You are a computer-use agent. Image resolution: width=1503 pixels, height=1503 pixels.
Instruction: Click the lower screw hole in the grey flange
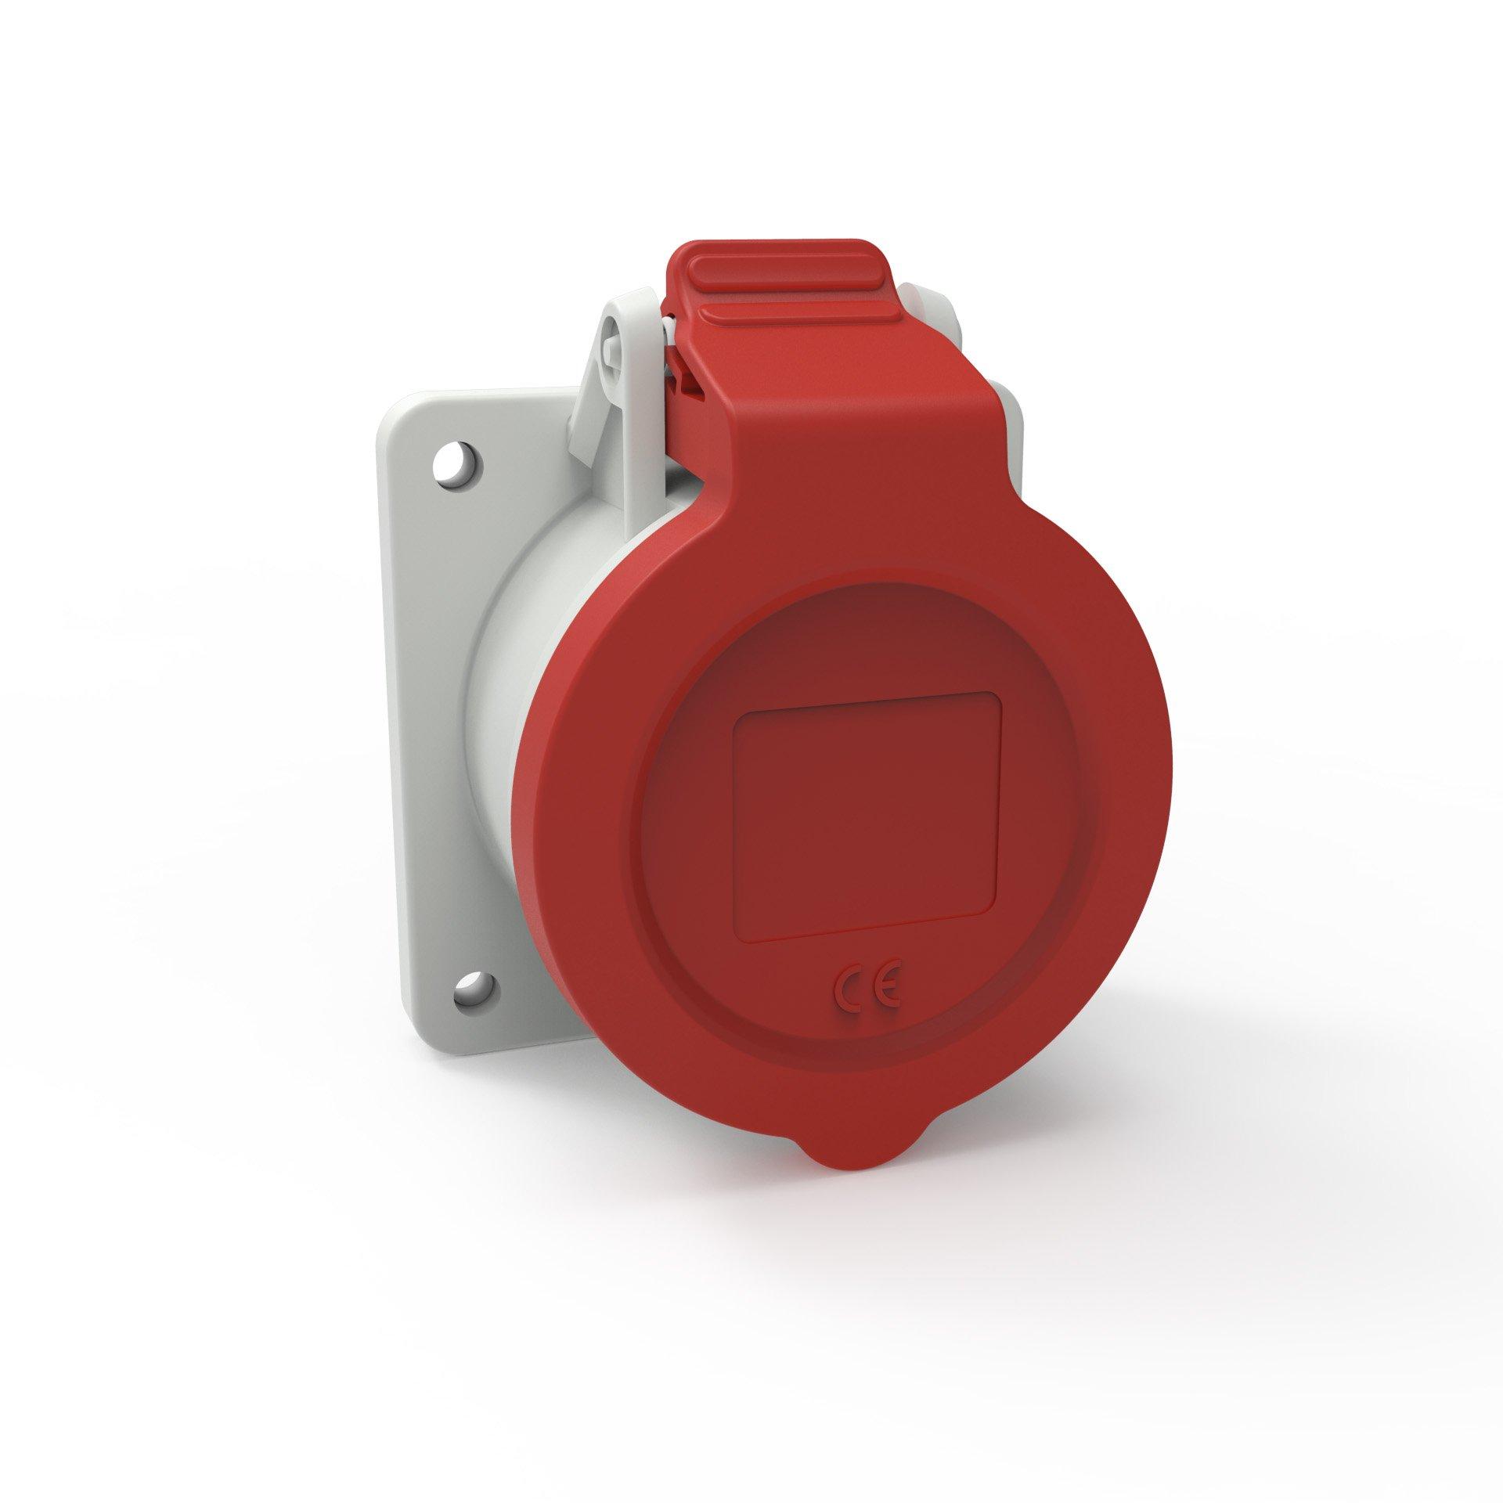[476, 991]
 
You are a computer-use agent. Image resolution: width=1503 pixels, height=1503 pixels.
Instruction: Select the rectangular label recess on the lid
[867, 816]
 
